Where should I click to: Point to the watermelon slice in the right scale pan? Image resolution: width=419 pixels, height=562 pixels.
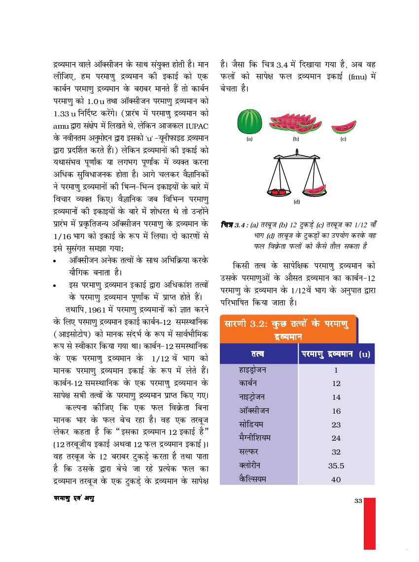point(315,189)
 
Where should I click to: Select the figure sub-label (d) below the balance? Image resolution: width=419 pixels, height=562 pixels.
point(297,201)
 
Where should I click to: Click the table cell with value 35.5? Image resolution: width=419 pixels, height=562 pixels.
point(336,465)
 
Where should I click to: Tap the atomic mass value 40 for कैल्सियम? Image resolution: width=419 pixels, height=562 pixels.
point(336,479)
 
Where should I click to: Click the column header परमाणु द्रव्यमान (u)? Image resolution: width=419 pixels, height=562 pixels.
point(336,353)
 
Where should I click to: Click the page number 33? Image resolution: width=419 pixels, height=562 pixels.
point(358,501)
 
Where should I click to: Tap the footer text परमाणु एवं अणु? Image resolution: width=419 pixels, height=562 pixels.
point(74,498)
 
